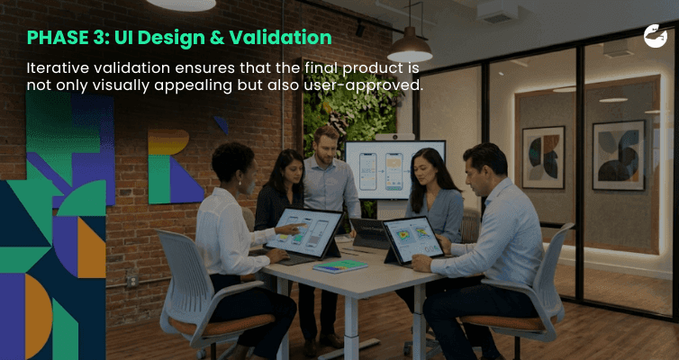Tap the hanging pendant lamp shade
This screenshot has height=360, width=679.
(x=410, y=45)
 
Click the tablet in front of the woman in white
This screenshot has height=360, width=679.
(x=306, y=234)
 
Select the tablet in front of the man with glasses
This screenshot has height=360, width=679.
(x=413, y=239)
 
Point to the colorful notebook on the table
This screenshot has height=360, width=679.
(x=339, y=266)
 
